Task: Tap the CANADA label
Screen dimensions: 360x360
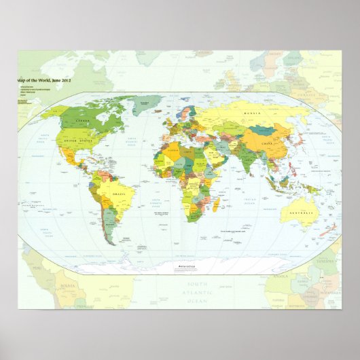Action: [x=83, y=120]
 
